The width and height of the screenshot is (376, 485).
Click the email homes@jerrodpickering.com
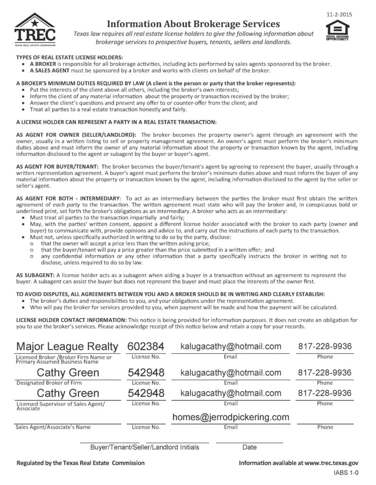[x=231, y=417]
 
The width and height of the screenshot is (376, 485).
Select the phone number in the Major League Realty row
[x=325, y=346]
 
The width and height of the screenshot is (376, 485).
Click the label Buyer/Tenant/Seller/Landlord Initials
[x=144, y=447]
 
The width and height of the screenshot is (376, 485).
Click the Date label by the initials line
[x=249, y=447]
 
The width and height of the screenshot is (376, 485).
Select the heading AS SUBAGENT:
[x=35, y=275]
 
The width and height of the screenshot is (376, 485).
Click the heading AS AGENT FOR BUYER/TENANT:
[x=57, y=166]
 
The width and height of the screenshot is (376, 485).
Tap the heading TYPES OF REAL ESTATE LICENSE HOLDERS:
[x=55, y=57]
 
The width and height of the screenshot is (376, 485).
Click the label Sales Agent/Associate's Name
[x=53, y=427]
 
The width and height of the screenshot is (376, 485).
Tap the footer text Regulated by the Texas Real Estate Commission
[x=81, y=462]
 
